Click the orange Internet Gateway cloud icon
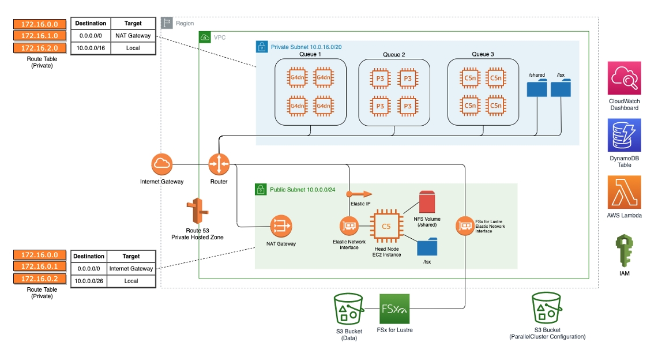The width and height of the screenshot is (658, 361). (x=162, y=164)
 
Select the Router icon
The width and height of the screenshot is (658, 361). (x=219, y=164)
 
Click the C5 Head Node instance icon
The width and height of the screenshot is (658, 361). (x=386, y=226)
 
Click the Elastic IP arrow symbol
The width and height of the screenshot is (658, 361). (x=359, y=194)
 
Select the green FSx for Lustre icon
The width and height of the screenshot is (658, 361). (x=394, y=309)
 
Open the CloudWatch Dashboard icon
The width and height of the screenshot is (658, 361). (x=624, y=78)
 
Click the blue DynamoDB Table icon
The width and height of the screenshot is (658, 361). (x=624, y=136)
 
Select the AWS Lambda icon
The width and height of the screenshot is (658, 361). (x=624, y=193)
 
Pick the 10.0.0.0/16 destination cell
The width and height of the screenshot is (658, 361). (x=91, y=48)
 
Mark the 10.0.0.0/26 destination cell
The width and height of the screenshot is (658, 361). (x=89, y=281)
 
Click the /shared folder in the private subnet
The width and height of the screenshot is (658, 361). (x=537, y=88)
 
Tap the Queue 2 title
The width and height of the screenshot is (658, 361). (x=394, y=55)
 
